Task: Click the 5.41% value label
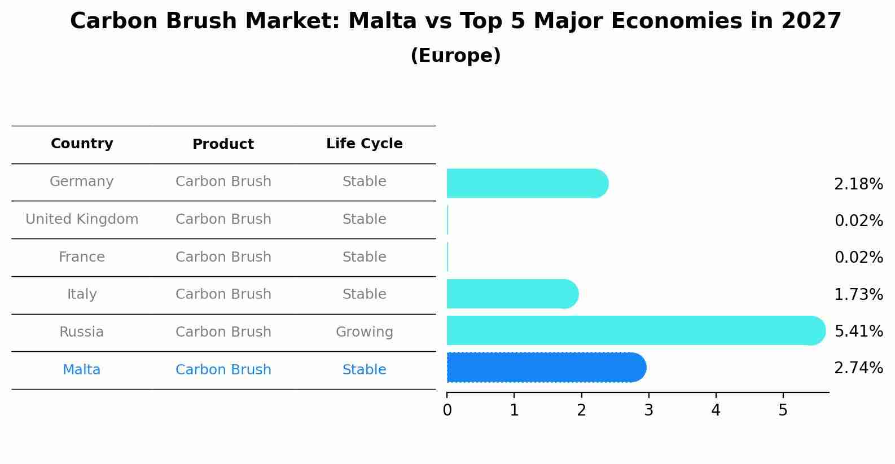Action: point(858,331)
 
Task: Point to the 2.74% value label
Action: point(858,368)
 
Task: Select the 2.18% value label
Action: point(858,184)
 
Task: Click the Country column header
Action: point(82,144)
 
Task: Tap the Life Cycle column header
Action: point(364,144)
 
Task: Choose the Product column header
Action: point(223,144)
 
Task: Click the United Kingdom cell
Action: point(82,219)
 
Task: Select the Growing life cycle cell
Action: point(364,332)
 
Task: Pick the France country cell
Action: point(82,257)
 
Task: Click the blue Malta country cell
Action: point(82,370)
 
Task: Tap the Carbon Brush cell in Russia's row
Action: point(223,332)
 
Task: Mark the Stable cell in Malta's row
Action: point(364,370)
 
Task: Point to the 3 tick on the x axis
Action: point(648,410)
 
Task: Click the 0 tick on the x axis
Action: point(447,410)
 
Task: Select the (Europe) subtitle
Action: point(455,56)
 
